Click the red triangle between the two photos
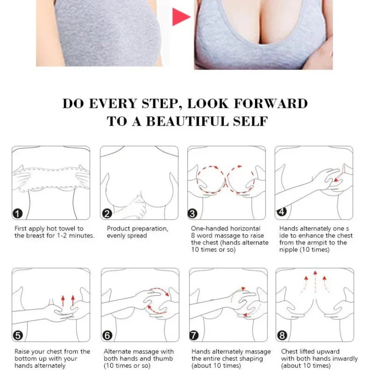[x=180, y=17]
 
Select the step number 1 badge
[x=18, y=213]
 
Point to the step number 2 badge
[x=107, y=213]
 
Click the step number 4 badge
[x=281, y=212]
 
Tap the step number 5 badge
[x=18, y=336]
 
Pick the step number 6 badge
[x=107, y=336]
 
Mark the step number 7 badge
[x=194, y=336]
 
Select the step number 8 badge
[x=282, y=336]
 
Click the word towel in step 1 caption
[x=74, y=229]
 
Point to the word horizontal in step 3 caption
[x=244, y=229]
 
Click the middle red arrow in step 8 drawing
[x=315, y=279]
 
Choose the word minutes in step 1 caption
[x=82, y=236]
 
